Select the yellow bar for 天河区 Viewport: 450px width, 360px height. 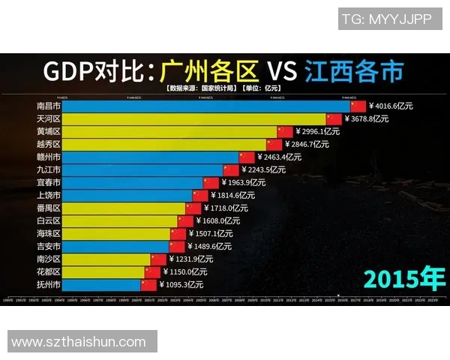[x=195, y=119]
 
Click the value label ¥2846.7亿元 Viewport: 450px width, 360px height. [x=307, y=144]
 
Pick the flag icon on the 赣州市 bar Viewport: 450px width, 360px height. [x=247, y=157]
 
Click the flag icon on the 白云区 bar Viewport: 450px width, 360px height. [x=185, y=220]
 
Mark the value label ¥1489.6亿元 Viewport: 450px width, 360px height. [x=210, y=246]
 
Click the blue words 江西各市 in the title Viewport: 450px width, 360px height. [x=354, y=71]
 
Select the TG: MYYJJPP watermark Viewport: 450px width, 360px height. [x=386, y=19]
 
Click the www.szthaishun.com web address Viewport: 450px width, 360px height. [x=79, y=342]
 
